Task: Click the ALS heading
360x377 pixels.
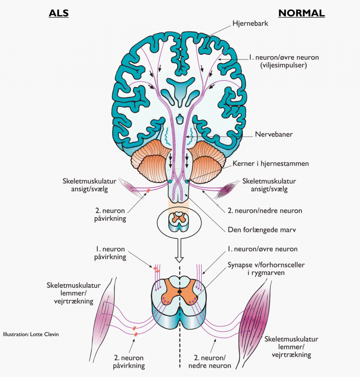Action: point(59,14)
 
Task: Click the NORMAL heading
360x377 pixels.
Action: point(301,14)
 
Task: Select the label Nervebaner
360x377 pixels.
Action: point(273,134)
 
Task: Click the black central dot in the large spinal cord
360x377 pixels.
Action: point(179,292)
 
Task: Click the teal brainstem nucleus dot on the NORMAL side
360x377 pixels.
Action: point(187,181)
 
